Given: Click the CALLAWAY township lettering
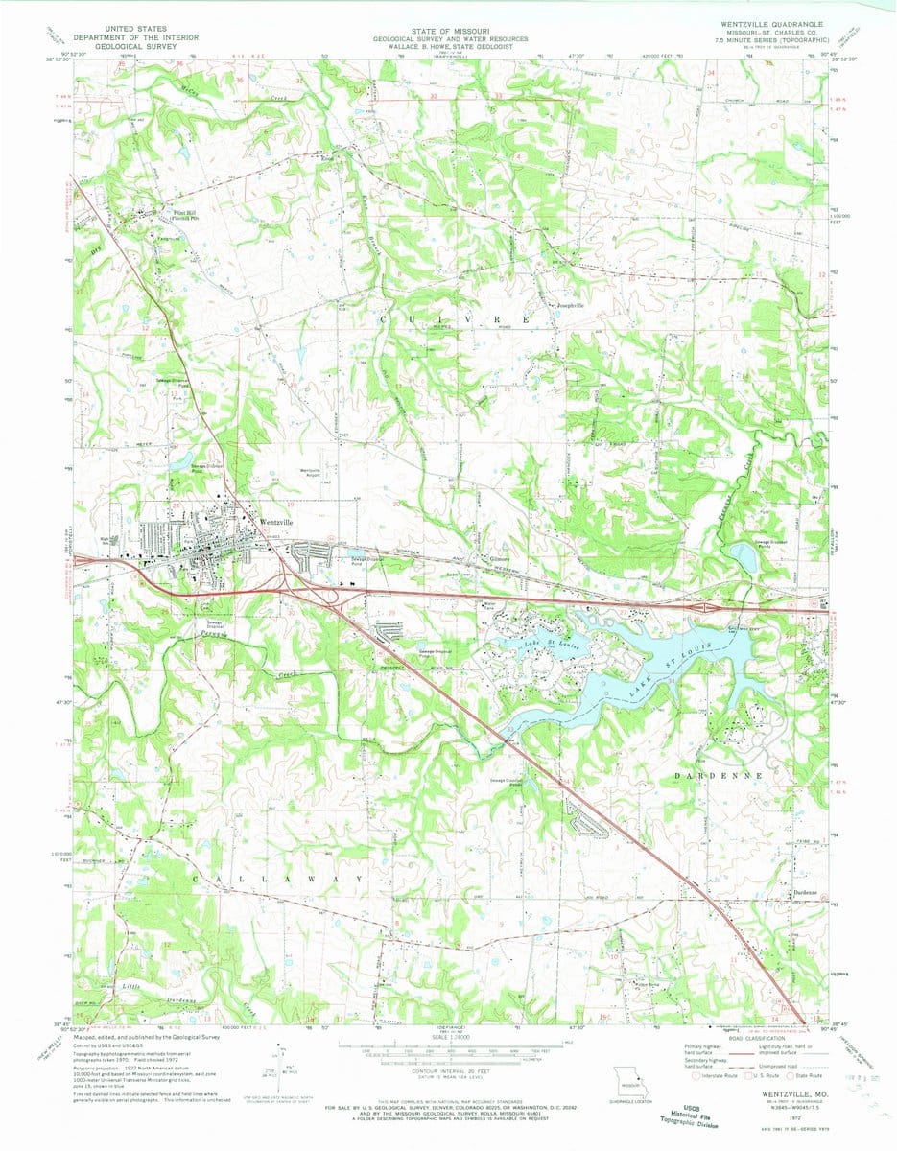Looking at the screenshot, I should pos(278,879).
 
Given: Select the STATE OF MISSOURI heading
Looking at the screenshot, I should pos(448,31).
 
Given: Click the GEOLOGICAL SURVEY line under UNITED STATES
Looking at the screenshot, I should pos(153,46).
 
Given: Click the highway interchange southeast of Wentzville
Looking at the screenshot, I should pos(293,580).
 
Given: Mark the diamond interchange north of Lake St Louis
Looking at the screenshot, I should pos(704,607).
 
